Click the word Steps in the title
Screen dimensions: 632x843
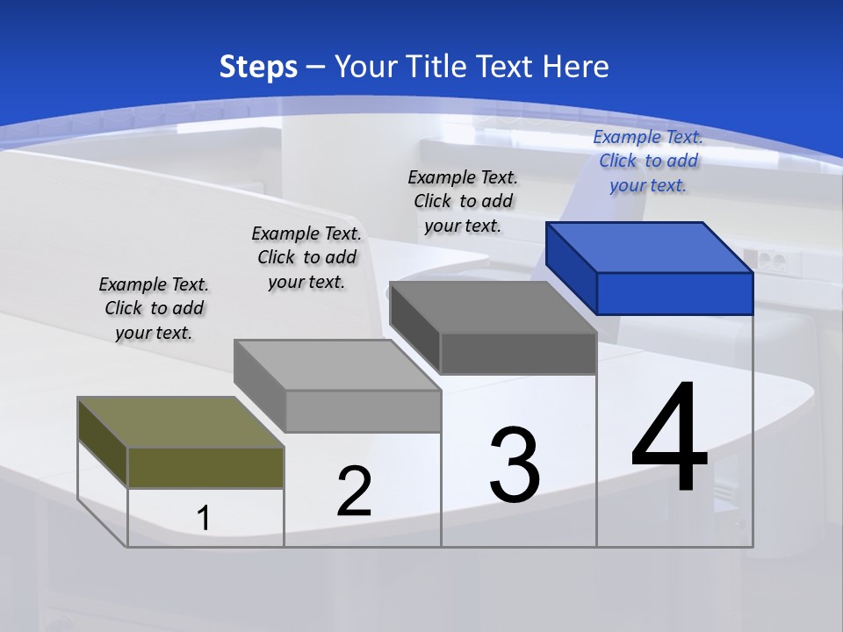click(x=258, y=67)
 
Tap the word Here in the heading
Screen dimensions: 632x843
click(x=576, y=67)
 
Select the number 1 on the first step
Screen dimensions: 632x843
click(x=204, y=519)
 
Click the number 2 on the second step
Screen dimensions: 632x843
click(x=354, y=492)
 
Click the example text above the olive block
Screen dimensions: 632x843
click(x=154, y=308)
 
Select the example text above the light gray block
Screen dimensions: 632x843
click(x=306, y=257)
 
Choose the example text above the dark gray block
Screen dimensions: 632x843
click(x=463, y=201)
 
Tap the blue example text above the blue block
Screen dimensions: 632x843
click(x=648, y=161)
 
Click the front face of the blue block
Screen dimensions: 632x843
click(x=674, y=293)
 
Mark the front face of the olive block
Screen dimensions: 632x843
click(x=205, y=467)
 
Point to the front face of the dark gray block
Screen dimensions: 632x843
click(x=518, y=354)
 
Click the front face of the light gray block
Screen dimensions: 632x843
click(x=363, y=411)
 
